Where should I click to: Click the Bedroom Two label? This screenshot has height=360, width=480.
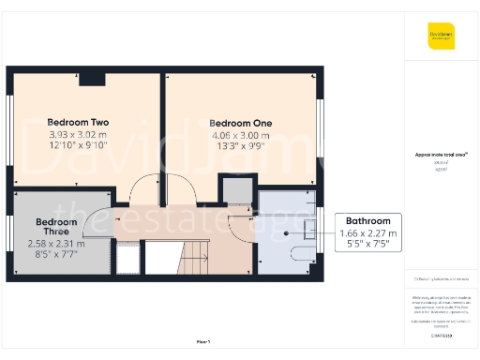pyautogui.click(x=79, y=122)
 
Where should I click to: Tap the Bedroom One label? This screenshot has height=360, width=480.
pyautogui.click(x=241, y=123)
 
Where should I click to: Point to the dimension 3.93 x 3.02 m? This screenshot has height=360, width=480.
pyautogui.click(x=79, y=134)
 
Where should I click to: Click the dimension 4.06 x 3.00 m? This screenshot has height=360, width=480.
pyautogui.click(x=241, y=135)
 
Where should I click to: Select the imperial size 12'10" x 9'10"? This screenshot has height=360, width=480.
pyautogui.click(x=79, y=145)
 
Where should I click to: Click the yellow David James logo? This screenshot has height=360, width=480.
pyautogui.click(x=442, y=37)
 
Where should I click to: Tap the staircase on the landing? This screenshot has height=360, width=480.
pyautogui.click(x=192, y=252)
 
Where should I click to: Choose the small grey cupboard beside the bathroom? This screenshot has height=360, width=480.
pyautogui.click(x=238, y=191)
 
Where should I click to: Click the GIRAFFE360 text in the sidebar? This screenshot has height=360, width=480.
pyautogui.click(x=441, y=333)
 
